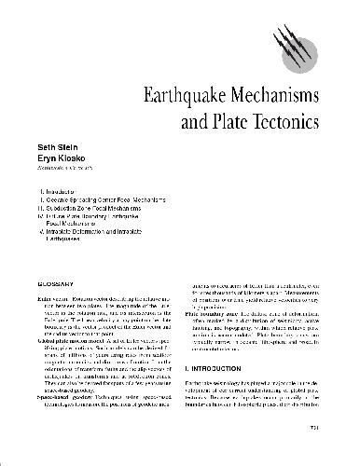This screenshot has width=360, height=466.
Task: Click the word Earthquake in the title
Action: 185,96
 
